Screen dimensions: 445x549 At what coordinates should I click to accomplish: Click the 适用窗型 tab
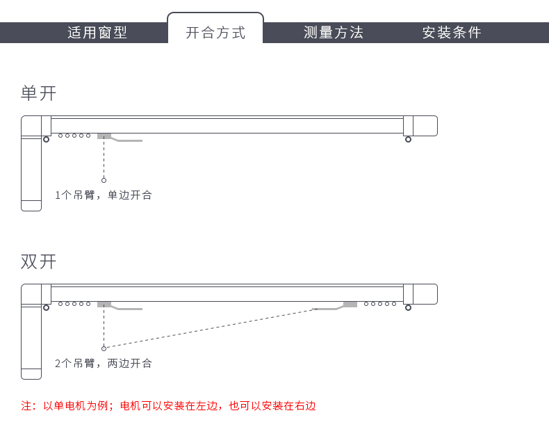97,33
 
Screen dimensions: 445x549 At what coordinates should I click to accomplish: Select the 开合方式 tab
215,33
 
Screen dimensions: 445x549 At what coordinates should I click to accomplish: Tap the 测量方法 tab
334,33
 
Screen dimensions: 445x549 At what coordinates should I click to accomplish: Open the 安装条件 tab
452,33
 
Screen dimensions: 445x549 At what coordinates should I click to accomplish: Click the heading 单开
38,93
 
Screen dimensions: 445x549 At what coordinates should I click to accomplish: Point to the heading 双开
38,262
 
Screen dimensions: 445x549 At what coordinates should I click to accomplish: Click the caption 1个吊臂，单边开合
104,195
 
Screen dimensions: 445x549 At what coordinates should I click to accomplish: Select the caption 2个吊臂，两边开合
104,364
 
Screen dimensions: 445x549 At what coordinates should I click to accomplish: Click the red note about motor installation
168,406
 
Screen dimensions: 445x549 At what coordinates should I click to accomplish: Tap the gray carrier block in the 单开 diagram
104,135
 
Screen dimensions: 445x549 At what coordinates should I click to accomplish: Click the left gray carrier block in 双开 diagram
104,304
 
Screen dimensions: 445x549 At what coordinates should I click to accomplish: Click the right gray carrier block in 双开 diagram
350,304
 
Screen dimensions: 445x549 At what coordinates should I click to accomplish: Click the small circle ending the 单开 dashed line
104,180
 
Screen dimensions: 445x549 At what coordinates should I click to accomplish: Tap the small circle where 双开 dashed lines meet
104,348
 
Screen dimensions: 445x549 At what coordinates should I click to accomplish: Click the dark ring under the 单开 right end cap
408,140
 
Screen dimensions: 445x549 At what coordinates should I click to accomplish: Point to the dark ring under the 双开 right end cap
408,307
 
